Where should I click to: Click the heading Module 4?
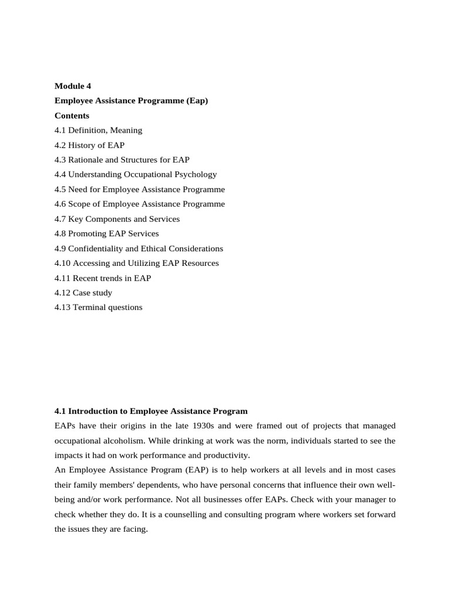coord(73,86)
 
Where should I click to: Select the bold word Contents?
coord(72,116)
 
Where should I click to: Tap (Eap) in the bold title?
coord(197,101)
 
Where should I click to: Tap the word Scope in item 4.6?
coord(79,204)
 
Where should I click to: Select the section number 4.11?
coord(62,278)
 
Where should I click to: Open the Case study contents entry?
coord(92,292)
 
